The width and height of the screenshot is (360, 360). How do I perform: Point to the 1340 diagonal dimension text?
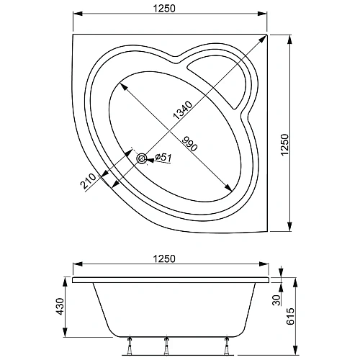click(x=183, y=109)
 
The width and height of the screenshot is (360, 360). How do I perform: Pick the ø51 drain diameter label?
click(x=163, y=158)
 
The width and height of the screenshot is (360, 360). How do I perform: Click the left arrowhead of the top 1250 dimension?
click(x=76, y=14)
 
